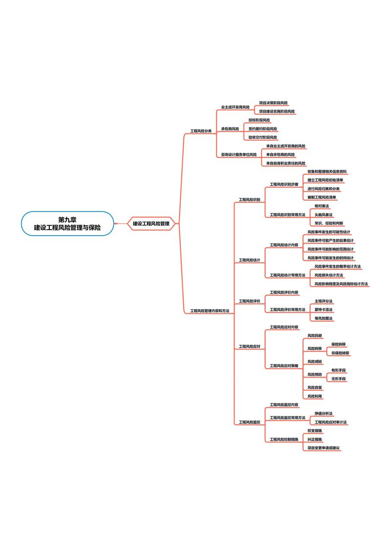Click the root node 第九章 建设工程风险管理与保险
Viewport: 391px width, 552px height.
pos(67,223)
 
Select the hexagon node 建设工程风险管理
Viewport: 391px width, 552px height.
pos(151,223)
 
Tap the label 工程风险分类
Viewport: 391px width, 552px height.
pos(201,131)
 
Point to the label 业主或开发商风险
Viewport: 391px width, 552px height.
pos(235,107)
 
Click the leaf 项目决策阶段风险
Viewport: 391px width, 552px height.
pos(273,103)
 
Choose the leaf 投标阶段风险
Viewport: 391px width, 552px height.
pos(259,120)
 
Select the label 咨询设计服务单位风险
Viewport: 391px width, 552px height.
pos(239,154)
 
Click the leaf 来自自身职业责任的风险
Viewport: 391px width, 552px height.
pos(285,163)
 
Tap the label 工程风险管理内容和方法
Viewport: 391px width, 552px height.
pos(210,311)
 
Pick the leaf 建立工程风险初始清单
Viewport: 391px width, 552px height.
pos(325,180)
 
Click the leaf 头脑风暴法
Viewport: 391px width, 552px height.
pos(324,214)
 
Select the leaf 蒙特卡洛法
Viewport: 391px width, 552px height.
pos(324,310)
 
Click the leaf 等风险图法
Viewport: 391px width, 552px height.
pos(324,318)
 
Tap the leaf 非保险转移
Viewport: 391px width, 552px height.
pos(340,353)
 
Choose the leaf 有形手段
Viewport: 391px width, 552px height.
pos(339,370)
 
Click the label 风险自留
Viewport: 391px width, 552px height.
pos(315,387)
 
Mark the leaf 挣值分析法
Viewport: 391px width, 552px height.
pos(324,413)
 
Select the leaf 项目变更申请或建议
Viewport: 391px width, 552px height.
pos(324,447)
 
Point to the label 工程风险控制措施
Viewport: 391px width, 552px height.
pos(284,439)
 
